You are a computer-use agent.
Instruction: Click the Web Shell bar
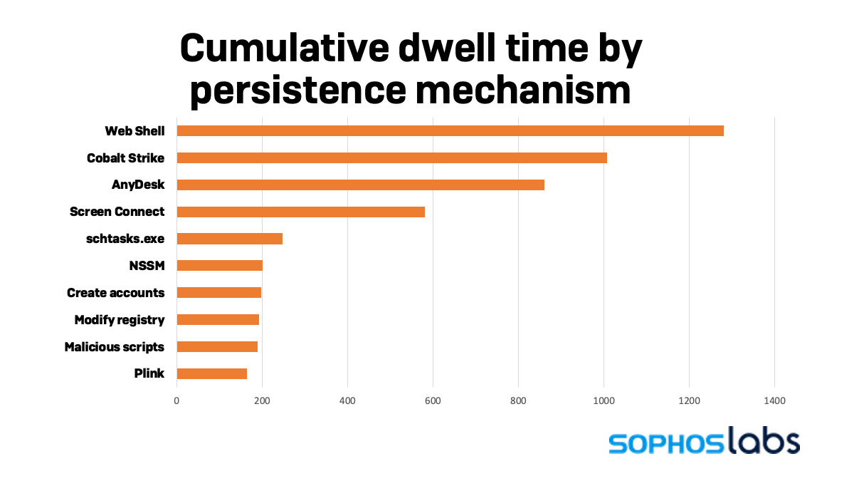pos(450,130)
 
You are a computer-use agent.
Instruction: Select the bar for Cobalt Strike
pos(391,157)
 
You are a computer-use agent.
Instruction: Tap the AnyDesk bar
pos(360,185)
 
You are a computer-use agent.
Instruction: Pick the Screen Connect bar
pos(300,212)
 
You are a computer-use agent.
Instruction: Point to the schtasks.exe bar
pos(229,239)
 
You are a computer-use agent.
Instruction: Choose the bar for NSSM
pos(219,266)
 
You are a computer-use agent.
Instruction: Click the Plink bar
pos(211,373)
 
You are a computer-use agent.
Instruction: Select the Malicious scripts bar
pos(217,346)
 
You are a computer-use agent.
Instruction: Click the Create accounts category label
pos(115,293)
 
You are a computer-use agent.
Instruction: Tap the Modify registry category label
pos(120,320)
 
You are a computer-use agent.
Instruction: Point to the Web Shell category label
pos(135,130)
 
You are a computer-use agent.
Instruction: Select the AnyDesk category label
pos(138,185)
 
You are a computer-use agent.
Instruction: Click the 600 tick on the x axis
pos(433,401)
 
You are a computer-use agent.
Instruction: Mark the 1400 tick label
pos(774,401)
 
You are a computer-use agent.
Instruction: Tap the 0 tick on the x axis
pos(176,401)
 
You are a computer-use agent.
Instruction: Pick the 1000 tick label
pos(603,401)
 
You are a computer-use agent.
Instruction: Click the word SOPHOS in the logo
pos(665,443)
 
